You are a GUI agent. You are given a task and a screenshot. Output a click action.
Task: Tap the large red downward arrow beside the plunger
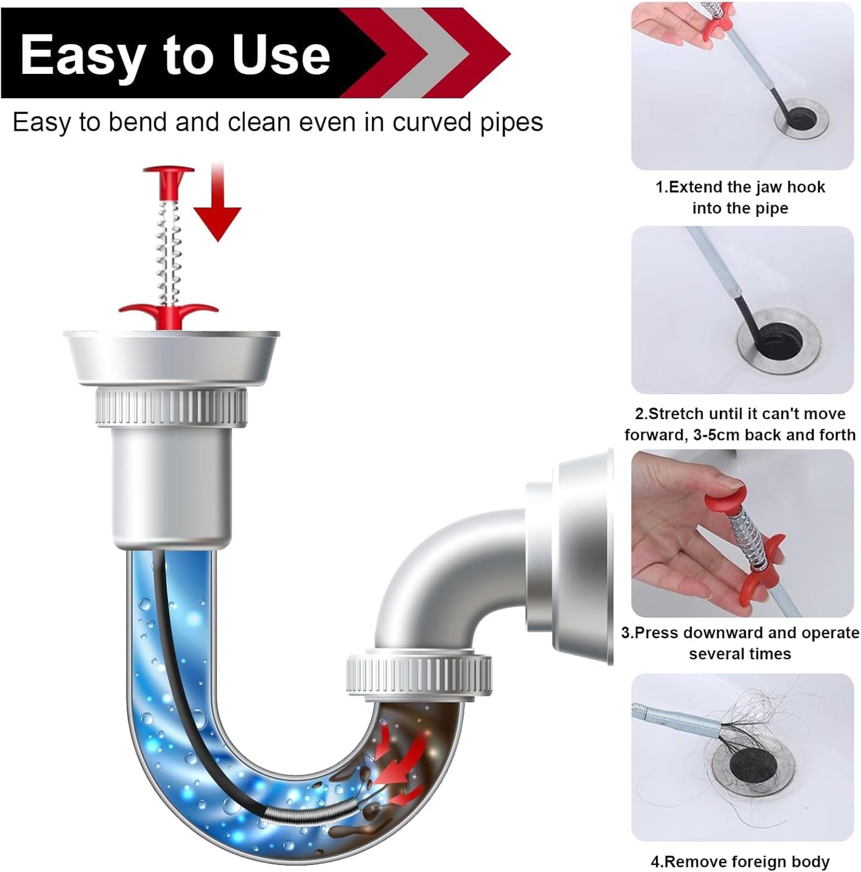(217, 209)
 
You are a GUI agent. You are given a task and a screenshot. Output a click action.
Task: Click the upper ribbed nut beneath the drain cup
(171, 407)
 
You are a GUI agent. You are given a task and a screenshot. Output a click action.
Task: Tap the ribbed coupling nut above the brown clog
(419, 675)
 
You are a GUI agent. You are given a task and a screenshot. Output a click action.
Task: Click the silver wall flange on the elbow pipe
(581, 557)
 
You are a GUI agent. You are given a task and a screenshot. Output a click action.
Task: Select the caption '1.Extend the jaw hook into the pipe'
(740, 197)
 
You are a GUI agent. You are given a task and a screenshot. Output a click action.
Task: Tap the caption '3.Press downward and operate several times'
(740, 643)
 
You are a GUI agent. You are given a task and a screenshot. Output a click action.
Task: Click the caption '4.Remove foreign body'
(740, 861)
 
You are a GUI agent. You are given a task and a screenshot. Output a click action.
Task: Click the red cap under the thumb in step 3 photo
(726, 494)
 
